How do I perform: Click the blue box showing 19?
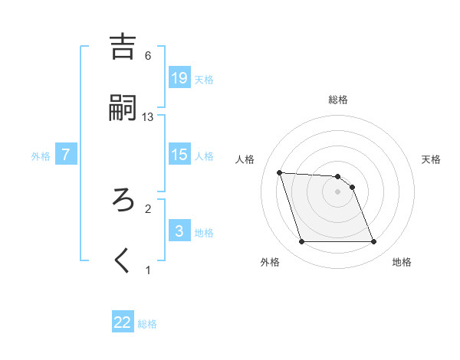[x=179, y=77]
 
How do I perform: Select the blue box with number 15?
[x=179, y=155]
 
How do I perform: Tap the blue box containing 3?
[x=179, y=231]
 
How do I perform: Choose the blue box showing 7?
[x=66, y=155]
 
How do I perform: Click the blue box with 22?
[x=123, y=322]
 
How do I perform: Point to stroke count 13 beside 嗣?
[x=148, y=116]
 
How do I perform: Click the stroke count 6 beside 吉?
[x=148, y=55]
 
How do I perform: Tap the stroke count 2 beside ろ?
[x=148, y=208]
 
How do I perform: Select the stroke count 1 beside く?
[x=148, y=270]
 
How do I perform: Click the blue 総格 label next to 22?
[x=147, y=324]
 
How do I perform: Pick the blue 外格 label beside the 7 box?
[x=41, y=156]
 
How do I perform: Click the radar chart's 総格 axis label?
[x=338, y=100]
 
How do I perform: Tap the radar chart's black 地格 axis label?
[x=402, y=262]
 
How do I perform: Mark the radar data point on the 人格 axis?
[x=279, y=172]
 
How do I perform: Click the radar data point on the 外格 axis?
[x=301, y=242]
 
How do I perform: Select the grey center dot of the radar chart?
[x=338, y=191]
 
